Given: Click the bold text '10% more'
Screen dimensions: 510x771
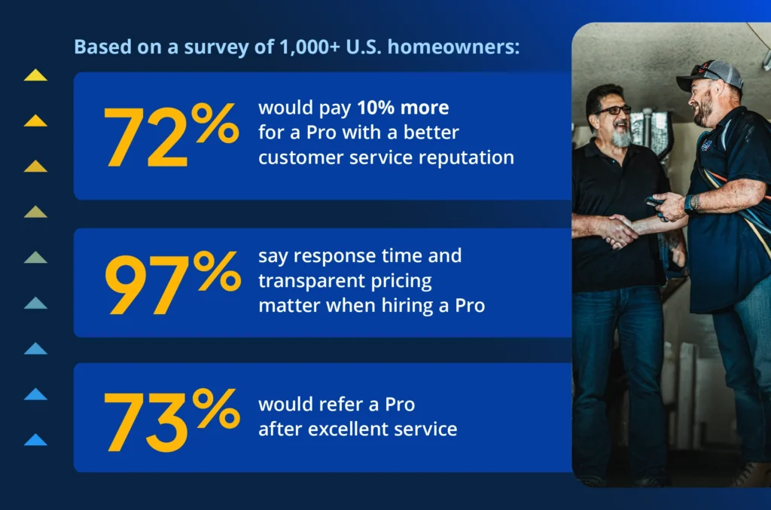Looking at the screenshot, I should tap(403, 108).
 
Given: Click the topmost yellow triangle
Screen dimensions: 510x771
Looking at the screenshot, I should tap(35, 75).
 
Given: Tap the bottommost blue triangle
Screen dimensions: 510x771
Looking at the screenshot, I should tap(35, 440).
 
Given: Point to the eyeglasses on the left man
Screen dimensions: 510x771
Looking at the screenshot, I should tap(614, 110).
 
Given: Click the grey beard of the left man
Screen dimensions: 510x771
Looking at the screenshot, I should tap(622, 138).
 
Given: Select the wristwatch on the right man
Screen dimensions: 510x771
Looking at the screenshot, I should tap(691, 203).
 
